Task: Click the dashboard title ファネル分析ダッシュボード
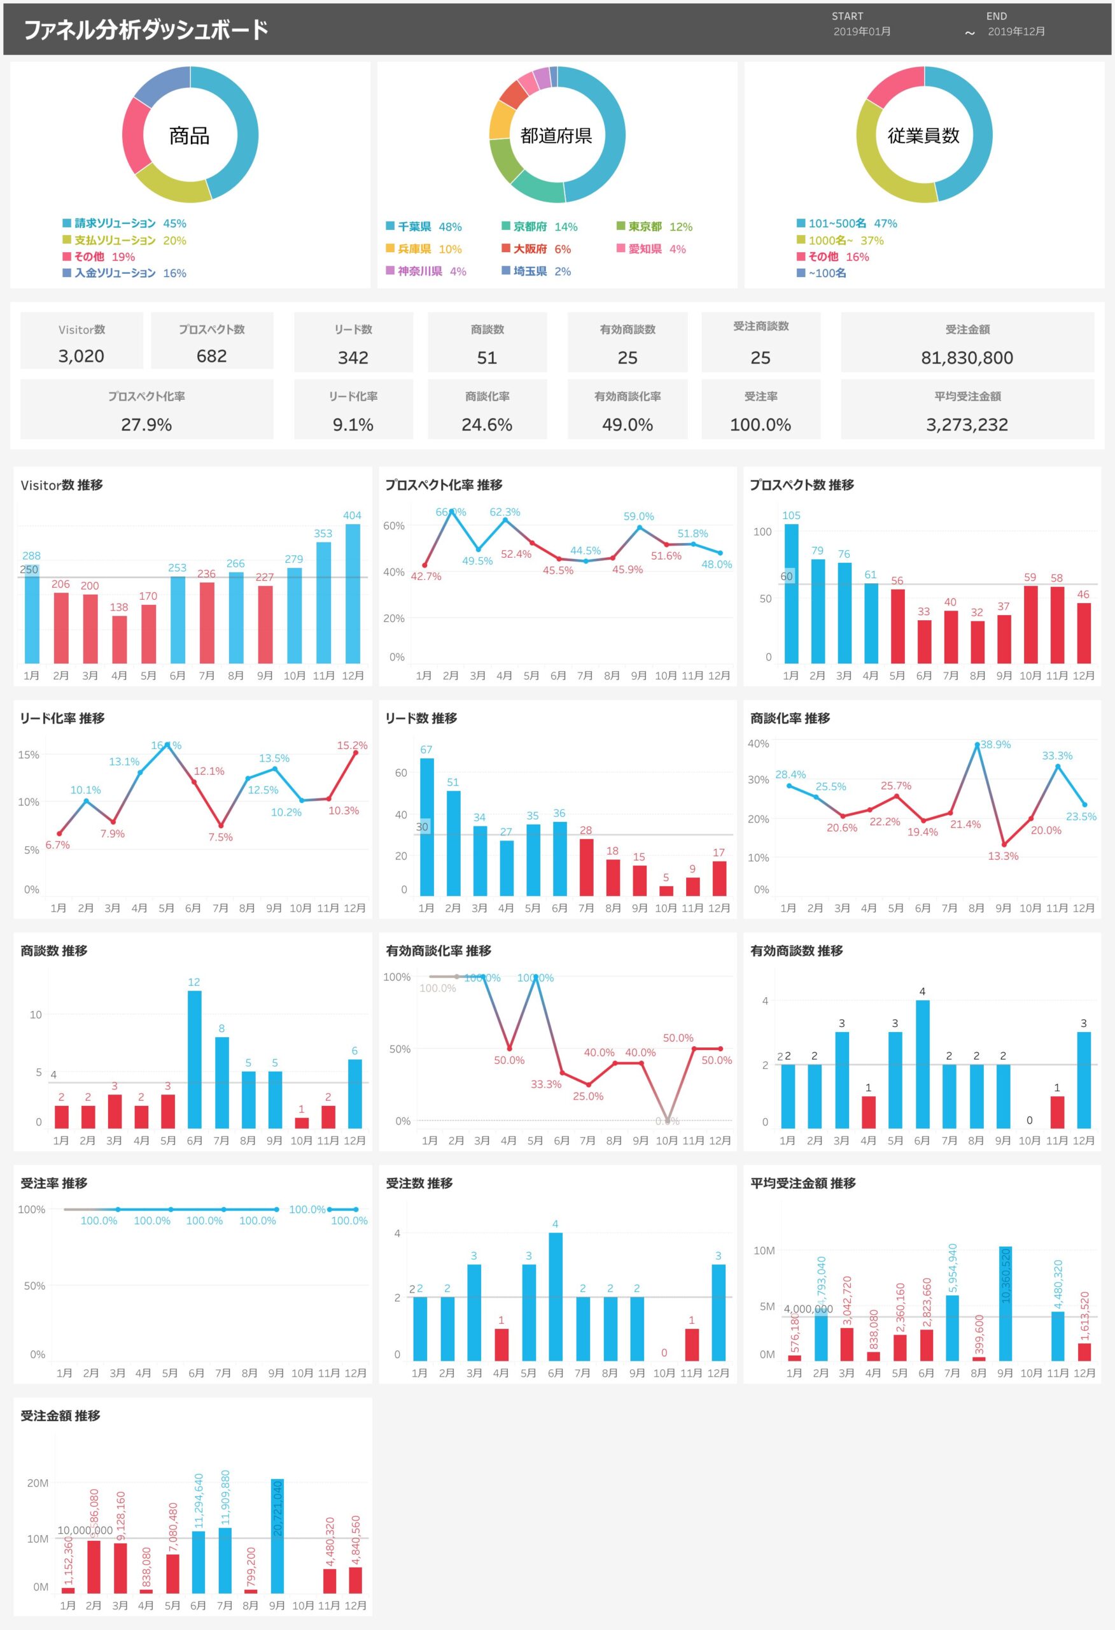(146, 29)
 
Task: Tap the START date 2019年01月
(862, 32)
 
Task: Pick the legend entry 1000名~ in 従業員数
(839, 241)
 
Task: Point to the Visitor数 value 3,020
(81, 357)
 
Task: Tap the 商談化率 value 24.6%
(487, 424)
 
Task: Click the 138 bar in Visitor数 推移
(119, 639)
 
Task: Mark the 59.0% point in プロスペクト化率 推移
(639, 527)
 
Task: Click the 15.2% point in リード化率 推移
(356, 753)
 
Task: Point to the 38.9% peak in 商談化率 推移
(977, 745)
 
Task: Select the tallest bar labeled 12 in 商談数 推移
(194, 1059)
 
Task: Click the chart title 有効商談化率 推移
(438, 951)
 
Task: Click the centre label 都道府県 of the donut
(556, 136)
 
